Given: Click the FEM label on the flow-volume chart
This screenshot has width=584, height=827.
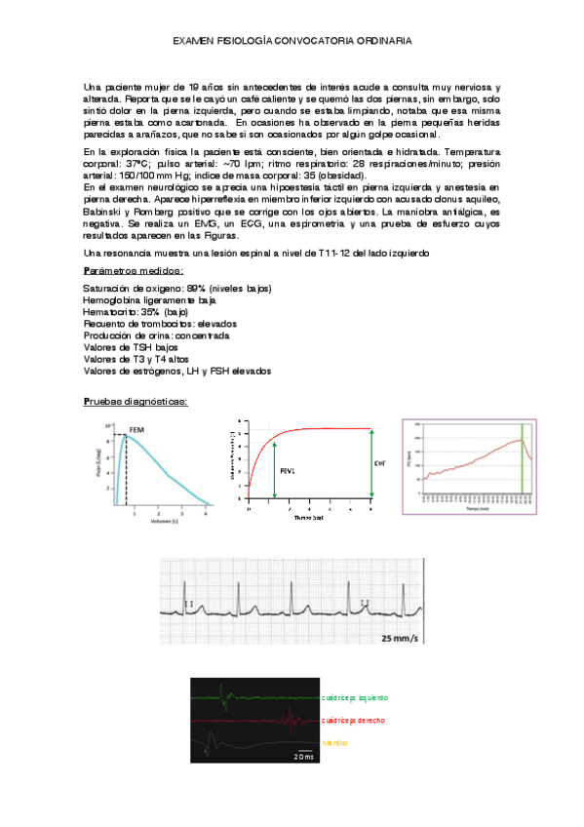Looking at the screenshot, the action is tap(136, 428).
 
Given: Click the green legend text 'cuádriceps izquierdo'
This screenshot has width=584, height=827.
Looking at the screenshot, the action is tap(354, 698).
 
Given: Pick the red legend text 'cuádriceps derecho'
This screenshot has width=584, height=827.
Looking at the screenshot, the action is tap(352, 720).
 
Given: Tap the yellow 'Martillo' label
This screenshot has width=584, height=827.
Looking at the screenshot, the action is tap(334, 742).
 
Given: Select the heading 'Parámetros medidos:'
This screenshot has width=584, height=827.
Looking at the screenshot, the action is tap(133, 270).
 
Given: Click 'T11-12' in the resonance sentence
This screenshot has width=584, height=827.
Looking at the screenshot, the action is tap(332, 254).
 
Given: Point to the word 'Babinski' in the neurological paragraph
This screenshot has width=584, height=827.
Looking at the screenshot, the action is tap(104, 211).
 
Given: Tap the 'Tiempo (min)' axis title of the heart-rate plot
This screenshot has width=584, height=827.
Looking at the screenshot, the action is tap(478, 509).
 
